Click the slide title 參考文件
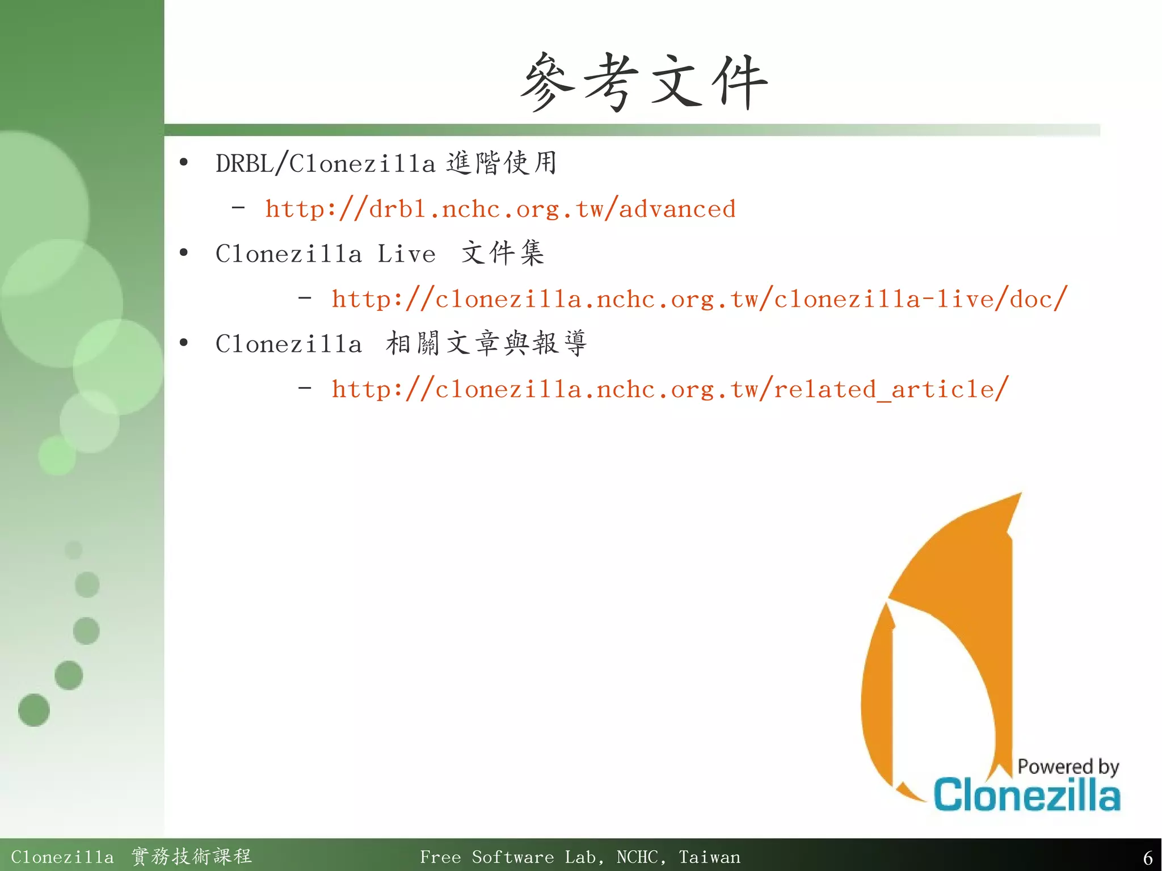(x=643, y=82)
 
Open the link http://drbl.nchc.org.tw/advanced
(x=500, y=209)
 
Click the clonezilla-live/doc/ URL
(x=699, y=299)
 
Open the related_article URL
(x=670, y=389)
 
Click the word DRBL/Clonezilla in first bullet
(x=325, y=164)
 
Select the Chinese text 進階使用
(x=501, y=163)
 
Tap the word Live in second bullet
(x=406, y=254)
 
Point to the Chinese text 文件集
(x=503, y=253)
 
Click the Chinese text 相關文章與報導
(x=486, y=343)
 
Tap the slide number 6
(x=1147, y=857)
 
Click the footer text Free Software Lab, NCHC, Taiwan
(x=580, y=857)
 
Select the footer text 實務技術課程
(x=191, y=856)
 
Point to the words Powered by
(x=1068, y=767)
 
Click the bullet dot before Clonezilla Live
(x=183, y=253)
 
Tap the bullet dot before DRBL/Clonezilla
(x=183, y=163)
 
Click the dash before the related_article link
(x=305, y=389)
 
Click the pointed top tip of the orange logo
(x=1019, y=495)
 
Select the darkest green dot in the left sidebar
(x=34, y=710)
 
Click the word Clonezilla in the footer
(x=62, y=857)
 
